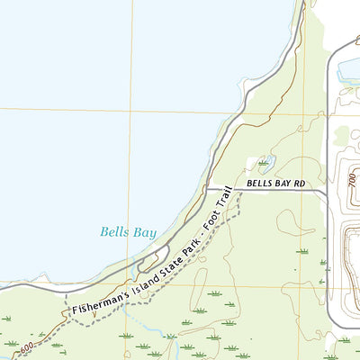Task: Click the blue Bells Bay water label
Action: coord(129,231)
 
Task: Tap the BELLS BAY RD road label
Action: coord(276,184)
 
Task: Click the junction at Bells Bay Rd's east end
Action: coord(326,190)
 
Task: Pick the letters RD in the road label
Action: coord(299,184)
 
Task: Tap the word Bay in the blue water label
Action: coord(144,231)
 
